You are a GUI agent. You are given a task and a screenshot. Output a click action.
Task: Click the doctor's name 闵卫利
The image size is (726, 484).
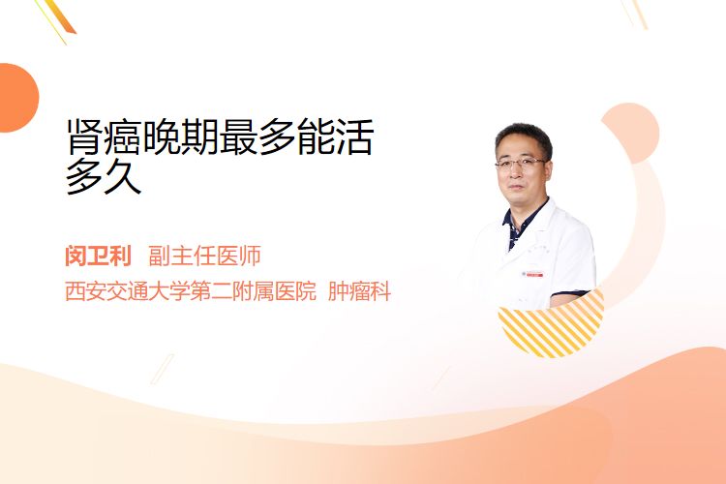(x=98, y=256)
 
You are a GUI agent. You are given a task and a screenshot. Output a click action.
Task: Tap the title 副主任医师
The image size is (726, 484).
(x=204, y=256)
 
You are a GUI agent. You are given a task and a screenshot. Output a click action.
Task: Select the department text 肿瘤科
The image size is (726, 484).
(x=359, y=291)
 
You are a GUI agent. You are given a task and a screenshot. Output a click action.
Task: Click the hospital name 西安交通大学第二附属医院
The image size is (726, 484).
(x=191, y=291)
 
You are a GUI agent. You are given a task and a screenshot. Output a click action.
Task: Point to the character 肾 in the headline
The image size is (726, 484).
(x=85, y=136)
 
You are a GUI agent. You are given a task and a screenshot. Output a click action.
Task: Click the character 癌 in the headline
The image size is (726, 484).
(x=122, y=136)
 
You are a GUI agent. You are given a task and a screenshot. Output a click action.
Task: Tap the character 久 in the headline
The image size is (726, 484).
(x=123, y=176)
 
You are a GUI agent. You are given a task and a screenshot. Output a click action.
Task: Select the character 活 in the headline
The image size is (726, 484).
(x=354, y=136)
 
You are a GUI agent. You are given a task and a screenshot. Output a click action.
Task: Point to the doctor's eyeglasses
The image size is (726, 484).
(x=521, y=163)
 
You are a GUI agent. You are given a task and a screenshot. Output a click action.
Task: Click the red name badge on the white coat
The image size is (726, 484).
(x=533, y=274)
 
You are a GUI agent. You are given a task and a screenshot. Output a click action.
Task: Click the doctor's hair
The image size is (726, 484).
(x=523, y=136)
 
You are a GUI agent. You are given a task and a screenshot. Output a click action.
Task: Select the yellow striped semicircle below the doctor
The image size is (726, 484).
(x=551, y=327)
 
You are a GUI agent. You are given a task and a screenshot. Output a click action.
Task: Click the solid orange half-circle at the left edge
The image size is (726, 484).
(x=17, y=98)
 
